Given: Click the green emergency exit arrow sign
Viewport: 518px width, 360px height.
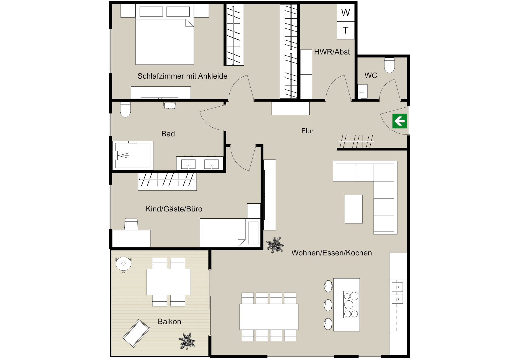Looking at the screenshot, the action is click(400, 121).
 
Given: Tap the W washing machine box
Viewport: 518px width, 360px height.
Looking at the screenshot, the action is click(346, 13).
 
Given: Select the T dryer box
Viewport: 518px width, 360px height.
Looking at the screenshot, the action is click(346, 30).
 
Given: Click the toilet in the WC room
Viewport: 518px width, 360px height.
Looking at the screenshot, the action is click(389, 65).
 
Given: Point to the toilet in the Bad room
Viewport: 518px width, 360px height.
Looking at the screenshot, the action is click(125, 109).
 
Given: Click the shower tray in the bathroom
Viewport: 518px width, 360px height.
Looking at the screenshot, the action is click(133, 155).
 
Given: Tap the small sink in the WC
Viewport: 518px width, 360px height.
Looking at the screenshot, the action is click(363, 91).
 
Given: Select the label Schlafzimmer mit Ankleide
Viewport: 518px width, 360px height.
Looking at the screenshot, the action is click(182, 76).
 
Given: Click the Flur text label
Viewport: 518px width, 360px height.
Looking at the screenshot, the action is click(307, 131).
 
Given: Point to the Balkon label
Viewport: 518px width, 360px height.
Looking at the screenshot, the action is click(170, 321).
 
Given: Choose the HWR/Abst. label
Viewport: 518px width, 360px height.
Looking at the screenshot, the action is click(333, 52).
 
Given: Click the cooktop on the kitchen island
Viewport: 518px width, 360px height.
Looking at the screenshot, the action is click(351, 304).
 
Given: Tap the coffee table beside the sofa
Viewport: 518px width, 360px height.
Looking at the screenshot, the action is click(354, 209).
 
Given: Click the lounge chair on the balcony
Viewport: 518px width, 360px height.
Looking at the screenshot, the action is click(136, 333).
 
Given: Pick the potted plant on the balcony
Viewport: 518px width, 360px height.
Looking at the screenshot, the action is click(187, 341).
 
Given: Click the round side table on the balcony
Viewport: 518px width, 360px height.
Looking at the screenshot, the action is click(123, 264).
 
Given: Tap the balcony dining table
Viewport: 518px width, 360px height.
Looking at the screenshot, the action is click(169, 282).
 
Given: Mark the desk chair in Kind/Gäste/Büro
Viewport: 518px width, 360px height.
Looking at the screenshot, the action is click(131, 224).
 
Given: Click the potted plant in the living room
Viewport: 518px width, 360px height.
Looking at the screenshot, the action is click(275, 245).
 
